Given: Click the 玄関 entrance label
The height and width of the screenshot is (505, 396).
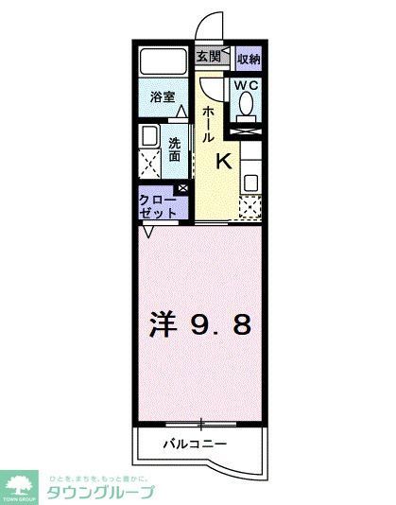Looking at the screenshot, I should coord(209,57).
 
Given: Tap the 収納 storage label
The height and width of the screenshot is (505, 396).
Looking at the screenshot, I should coord(249,58).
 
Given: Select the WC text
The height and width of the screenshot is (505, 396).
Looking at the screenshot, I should coord(247,85).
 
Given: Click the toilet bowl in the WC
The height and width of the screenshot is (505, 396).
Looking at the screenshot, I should coord(248,110).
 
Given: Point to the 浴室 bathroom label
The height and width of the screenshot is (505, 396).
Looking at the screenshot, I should coord(162,96).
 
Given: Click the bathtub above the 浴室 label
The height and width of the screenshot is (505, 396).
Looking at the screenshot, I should coord(162,65).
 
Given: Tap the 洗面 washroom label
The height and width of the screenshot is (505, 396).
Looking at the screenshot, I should coord(175,149).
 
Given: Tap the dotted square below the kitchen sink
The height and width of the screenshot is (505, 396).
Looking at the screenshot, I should coord(249,206).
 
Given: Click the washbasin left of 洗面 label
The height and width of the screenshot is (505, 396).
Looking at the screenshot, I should coord(148,137).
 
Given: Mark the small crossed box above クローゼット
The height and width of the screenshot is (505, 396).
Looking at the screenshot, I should coord(182,188).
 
